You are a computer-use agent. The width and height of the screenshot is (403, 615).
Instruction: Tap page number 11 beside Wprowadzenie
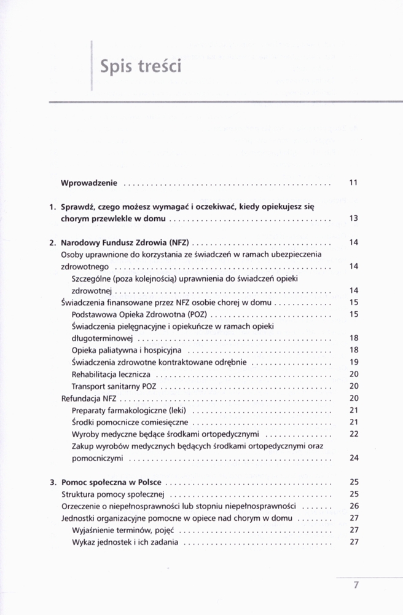(353, 183)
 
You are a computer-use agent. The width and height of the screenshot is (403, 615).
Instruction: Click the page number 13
(353, 218)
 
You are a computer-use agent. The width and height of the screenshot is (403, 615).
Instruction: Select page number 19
(353, 362)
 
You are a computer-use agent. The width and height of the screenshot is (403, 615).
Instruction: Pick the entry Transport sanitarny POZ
(114, 386)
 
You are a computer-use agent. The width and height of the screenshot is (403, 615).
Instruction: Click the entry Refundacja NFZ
(89, 398)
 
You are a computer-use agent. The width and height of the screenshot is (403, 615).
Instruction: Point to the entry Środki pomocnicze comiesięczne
(130, 422)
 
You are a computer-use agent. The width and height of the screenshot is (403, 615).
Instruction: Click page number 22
(353, 434)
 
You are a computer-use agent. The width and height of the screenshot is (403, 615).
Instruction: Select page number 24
(353, 458)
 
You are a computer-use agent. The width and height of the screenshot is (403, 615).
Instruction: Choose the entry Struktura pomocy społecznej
(112, 494)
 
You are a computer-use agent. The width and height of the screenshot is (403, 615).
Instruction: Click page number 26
(353, 506)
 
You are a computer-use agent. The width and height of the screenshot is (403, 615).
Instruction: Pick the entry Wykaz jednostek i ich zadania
(125, 542)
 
